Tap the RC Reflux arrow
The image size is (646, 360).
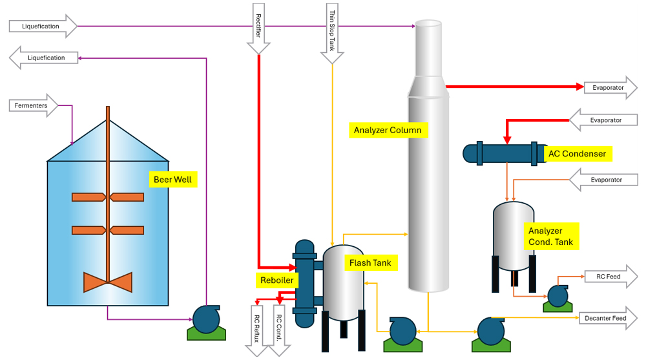point(256,330)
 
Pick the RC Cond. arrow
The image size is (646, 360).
point(279,330)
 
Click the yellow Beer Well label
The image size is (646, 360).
point(172,179)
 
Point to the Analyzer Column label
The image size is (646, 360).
point(388,130)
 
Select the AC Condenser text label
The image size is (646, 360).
point(578,154)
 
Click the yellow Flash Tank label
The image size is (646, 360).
point(370,262)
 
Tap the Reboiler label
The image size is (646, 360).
point(277,280)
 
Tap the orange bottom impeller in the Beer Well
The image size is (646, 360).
point(107,282)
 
